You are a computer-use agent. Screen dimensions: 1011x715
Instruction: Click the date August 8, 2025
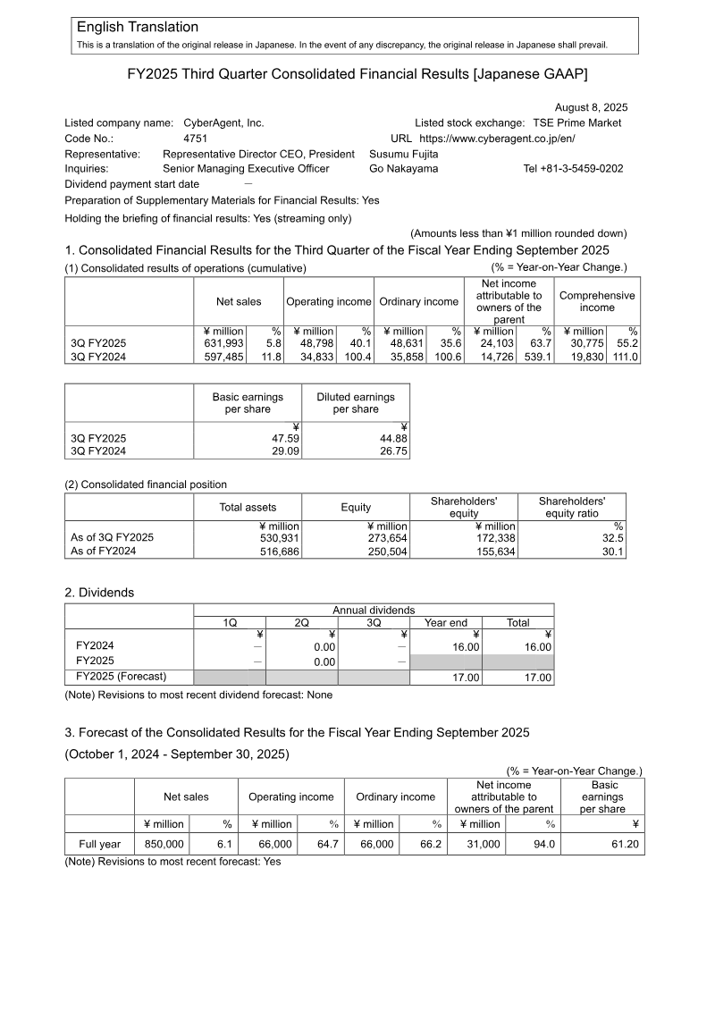tap(591, 107)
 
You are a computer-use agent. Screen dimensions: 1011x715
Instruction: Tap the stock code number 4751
tap(195, 139)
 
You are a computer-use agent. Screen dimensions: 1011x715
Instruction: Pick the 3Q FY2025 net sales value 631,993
tap(224, 343)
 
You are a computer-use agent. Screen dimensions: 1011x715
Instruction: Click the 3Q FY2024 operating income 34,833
tap(315, 357)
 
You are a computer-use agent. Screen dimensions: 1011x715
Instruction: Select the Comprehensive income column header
tap(597, 301)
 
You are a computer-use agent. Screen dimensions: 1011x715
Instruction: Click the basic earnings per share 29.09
tap(284, 452)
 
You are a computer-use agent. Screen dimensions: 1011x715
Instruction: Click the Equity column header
tap(356, 507)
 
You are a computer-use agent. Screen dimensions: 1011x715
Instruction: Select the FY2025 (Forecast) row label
tap(122, 677)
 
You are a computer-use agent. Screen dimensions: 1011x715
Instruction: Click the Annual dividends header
tap(374, 610)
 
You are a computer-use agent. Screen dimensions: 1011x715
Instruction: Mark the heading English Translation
tap(138, 28)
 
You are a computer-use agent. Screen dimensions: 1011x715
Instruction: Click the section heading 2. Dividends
tap(99, 593)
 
